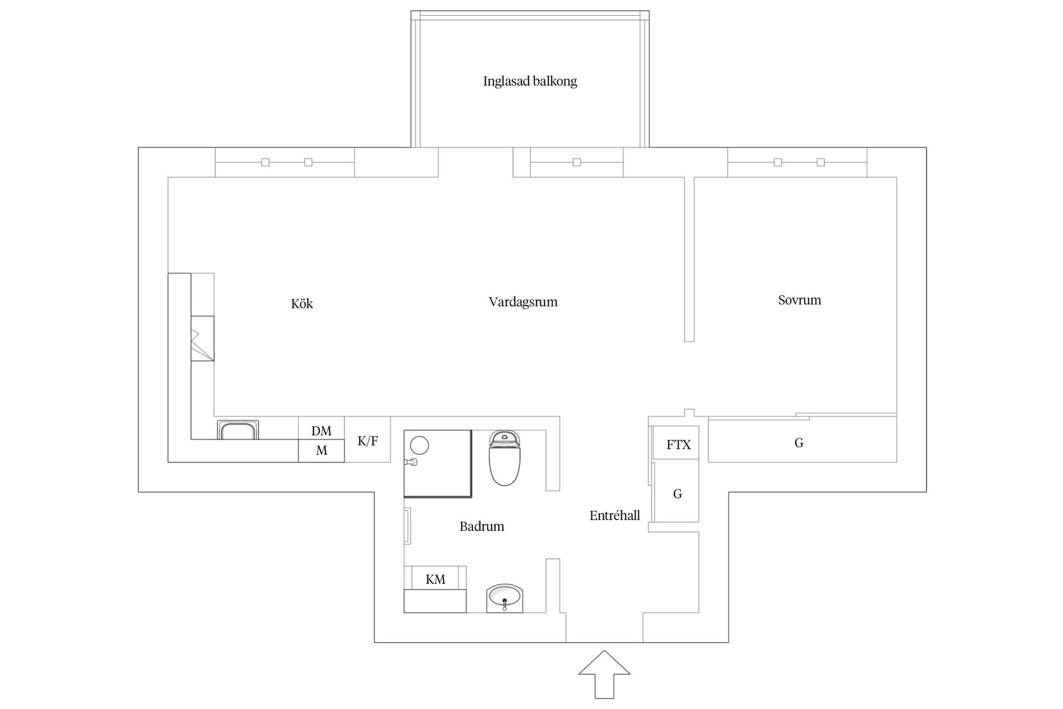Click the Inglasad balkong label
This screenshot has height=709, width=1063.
(x=530, y=81)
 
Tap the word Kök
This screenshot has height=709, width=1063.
(x=302, y=304)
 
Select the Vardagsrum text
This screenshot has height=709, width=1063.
(x=523, y=302)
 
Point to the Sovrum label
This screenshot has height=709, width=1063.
(x=799, y=300)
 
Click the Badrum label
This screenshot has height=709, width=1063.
(x=482, y=526)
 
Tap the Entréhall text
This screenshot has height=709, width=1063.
(x=615, y=516)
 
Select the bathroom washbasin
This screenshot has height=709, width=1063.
(x=504, y=598)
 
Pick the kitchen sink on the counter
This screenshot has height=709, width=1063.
(x=238, y=430)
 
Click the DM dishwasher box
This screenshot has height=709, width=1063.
(x=321, y=430)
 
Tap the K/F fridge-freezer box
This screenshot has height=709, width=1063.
(x=368, y=441)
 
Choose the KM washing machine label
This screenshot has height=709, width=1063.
(x=435, y=579)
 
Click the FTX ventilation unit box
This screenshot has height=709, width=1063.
(x=678, y=444)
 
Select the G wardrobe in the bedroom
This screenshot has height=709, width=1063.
(x=798, y=443)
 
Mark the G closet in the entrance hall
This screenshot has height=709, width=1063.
(x=677, y=494)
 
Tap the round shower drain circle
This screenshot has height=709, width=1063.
(x=420, y=445)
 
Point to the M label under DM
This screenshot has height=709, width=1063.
(x=321, y=451)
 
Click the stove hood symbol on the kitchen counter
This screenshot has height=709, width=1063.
(x=202, y=338)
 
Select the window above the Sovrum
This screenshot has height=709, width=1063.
(x=797, y=162)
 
